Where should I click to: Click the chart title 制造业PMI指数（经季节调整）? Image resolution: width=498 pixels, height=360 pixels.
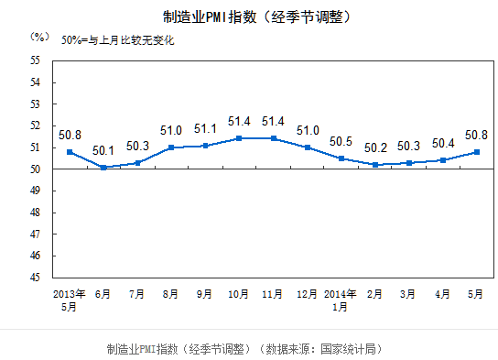point(249,16)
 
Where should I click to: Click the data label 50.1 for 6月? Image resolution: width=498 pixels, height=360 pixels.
point(103,151)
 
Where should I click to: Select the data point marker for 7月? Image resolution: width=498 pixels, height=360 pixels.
point(137,163)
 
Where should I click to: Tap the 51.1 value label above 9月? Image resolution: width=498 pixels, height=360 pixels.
point(205,129)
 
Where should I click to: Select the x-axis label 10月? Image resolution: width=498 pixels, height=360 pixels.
point(239,294)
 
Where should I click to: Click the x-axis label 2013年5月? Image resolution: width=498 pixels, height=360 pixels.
point(70,300)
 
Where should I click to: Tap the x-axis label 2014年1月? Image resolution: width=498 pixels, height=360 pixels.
point(340,300)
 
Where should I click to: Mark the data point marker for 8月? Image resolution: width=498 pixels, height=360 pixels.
point(171,147)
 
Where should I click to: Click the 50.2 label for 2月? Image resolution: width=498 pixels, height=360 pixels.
point(373,147)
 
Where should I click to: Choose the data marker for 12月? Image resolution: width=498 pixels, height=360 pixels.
point(307,147)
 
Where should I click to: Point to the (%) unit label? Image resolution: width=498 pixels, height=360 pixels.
point(38,37)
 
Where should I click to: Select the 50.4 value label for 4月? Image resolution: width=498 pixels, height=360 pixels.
point(441,143)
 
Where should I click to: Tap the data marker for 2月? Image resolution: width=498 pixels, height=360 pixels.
point(374,165)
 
